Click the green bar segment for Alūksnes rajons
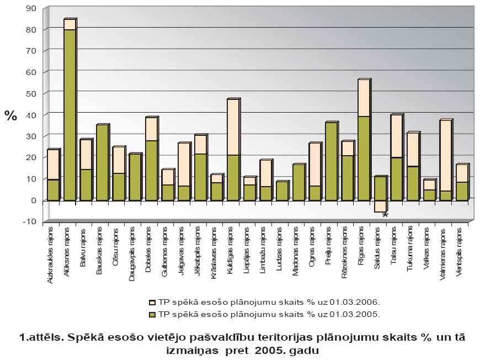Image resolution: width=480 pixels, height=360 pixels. pos(70,114)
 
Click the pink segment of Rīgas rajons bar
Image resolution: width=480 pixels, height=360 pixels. pos(364,98)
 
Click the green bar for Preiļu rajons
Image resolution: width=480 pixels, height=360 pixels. pos(332,161)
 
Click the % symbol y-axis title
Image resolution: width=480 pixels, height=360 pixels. pos(10,115)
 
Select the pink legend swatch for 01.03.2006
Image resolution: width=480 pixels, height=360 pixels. pos(152,303)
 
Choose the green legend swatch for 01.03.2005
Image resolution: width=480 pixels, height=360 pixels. pos(152,313)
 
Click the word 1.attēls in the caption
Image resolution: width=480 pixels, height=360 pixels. pos(37,337)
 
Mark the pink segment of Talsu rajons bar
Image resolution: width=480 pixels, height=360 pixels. pos(397,136)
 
